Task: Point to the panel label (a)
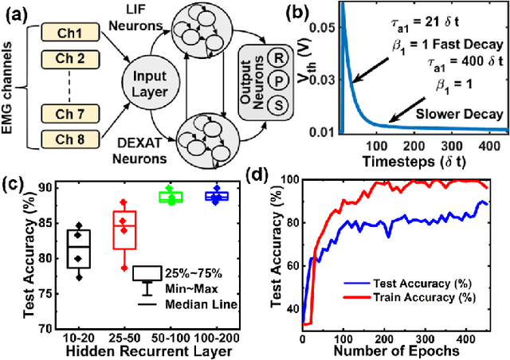point(17,10)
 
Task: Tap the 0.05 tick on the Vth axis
point(306,27)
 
